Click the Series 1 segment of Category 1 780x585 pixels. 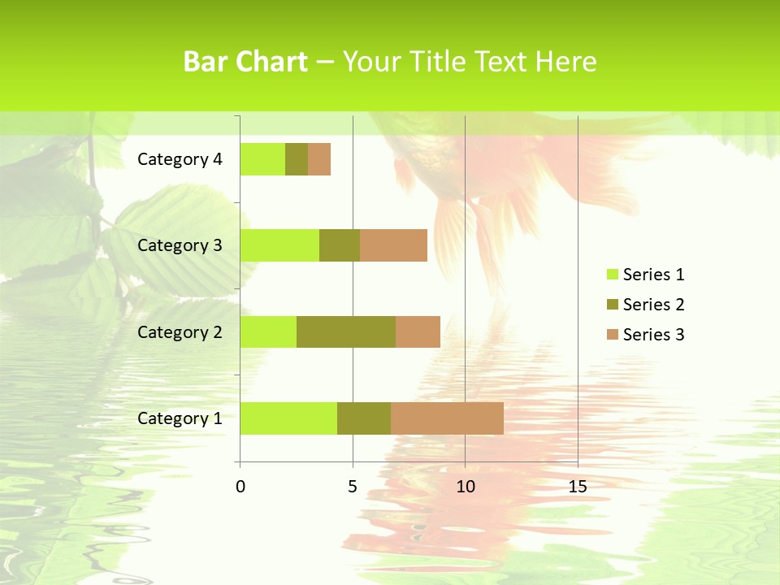point(288,418)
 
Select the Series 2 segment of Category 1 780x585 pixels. point(364,418)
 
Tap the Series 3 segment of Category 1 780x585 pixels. point(447,418)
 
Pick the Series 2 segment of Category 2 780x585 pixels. point(346,331)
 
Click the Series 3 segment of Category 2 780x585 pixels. point(418,331)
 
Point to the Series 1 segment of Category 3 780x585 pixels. point(279,245)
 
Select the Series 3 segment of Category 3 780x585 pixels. point(393,245)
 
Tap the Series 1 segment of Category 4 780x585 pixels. point(262,159)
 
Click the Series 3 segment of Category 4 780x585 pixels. point(319,159)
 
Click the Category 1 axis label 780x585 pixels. point(180,418)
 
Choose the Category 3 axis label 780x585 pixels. point(180,245)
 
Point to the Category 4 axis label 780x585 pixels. point(180,159)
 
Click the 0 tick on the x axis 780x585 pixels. point(240,487)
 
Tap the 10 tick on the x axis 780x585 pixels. point(465,487)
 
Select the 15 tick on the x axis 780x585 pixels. point(578,487)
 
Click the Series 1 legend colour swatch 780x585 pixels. point(612,275)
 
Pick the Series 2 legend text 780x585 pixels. point(653,305)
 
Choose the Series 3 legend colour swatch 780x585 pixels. point(612,335)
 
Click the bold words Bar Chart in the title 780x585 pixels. point(245,62)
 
